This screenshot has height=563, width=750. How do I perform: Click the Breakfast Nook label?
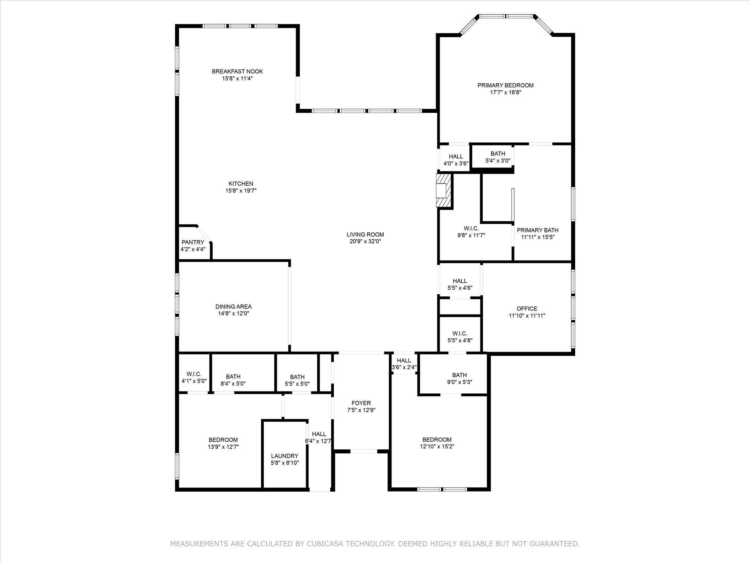click(x=237, y=71)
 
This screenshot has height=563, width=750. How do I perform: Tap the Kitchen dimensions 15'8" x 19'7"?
click(x=241, y=191)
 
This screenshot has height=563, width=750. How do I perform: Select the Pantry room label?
click(x=193, y=242)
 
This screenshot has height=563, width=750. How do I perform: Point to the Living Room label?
click(x=365, y=235)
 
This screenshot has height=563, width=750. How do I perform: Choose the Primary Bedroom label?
click(x=505, y=85)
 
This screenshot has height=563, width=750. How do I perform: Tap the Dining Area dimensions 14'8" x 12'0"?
click(x=234, y=314)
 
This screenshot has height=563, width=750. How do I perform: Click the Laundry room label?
click(x=285, y=456)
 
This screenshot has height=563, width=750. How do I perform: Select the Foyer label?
click(x=361, y=403)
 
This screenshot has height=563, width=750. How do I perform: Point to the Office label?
click(x=527, y=309)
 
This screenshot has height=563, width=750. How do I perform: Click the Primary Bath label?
click(x=538, y=230)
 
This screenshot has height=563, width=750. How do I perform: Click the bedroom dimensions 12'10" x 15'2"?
click(x=437, y=447)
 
